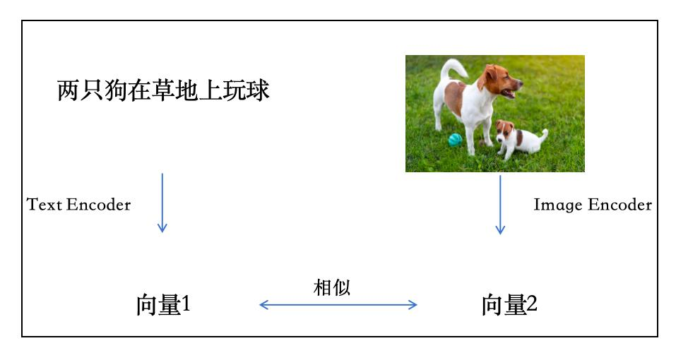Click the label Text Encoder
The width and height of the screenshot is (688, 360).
click(79, 205)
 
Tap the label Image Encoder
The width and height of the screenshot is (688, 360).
click(593, 205)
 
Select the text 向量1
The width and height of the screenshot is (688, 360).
click(163, 305)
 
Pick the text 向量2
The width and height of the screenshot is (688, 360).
click(509, 305)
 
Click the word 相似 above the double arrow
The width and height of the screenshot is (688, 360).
click(331, 287)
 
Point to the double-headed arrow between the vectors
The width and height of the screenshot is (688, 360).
click(338, 305)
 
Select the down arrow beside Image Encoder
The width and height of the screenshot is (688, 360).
click(500, 205)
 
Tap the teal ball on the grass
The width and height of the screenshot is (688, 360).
click(455, 140)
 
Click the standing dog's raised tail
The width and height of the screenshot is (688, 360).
click(454, 68)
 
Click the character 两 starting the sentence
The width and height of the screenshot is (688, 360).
click(68, 91)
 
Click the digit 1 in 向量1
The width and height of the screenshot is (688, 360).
click(186, 305)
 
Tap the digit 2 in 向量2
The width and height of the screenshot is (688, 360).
click(532, 305)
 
